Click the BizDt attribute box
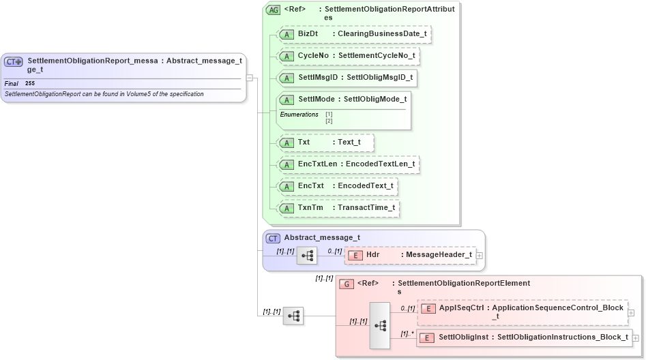pyautogui.click(x=355, y=34)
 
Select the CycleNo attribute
pyautogui.click(x=349, y=55)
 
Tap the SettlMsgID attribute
pyautogui.click(x=348, y=78)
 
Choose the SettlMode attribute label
pyautogui.click(x=344, y=100)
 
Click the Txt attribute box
pyautogui.click(x=327, y=142)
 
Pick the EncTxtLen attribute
pyautogui.click(x=349, y=164)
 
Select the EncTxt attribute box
pyautogui.click(x=338, y=185)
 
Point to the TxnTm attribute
pyautogui.click(x=338, y=207)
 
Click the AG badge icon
pyautogui.click(x=273, y=10)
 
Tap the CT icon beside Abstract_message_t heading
pyautogui.click(x=273, y=238)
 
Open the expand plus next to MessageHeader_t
pyautogui.click(x=480, y=255)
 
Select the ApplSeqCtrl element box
pyautogui.click(x=522, y=311)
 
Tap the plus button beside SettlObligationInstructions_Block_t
pyautogui.click(x=636, y=337)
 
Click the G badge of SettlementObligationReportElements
pyautogui.click(x=347, y=283)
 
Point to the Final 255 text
pyautogui.click(x=20, y=83)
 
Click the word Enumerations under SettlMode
pyautogui.click(x=299, y=115)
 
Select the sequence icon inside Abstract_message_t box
pyautogui.click(x=307, y=256)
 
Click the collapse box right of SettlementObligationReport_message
pyautogui.click(x=250, y=78)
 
